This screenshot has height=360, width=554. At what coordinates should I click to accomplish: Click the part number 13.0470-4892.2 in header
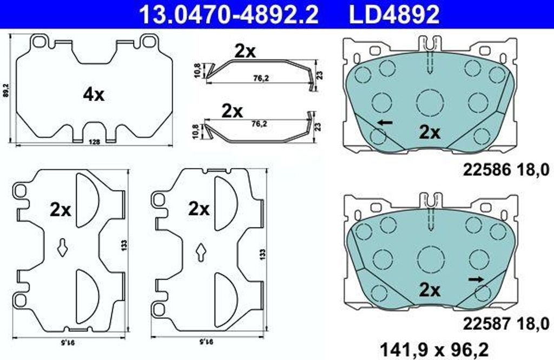(229, 15)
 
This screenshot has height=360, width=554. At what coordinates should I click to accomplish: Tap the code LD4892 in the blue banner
(394, 15)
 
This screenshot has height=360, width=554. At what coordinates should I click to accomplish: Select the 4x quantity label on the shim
(94, 95)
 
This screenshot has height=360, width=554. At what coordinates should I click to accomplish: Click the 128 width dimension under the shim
(95, 142)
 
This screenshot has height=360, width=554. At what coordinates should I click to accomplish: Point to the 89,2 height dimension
(5, 90)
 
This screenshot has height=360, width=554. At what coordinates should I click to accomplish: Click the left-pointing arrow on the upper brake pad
(385, 123)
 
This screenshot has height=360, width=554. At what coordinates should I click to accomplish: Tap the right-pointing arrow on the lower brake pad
(476, 279)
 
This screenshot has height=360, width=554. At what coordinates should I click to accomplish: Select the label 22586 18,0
(506, 171)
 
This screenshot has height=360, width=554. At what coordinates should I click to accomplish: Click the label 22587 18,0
(506, 323)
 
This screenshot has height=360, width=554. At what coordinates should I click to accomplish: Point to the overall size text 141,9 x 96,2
(434, 350)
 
